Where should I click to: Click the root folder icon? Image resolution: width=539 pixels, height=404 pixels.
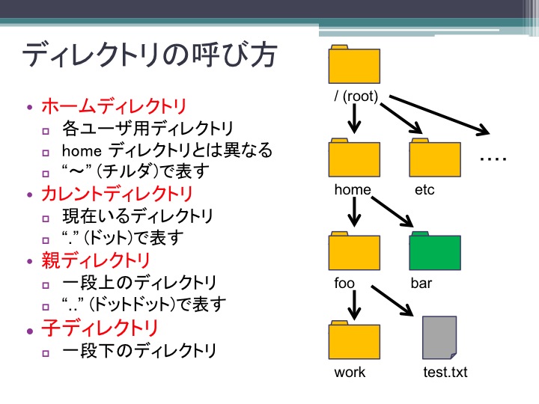[354, 64]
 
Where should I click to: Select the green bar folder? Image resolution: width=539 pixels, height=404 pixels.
[435, 251]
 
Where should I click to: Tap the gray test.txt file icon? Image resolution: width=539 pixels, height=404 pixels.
[439, 337]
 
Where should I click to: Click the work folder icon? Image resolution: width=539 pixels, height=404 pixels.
[354, 340]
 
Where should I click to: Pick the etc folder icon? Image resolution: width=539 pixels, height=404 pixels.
[435, 158]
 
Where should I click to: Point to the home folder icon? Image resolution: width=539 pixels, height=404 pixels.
[354, 158]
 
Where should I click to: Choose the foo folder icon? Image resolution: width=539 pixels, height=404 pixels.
[354, 251]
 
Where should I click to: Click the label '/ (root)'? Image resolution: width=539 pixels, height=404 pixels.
[356, 96]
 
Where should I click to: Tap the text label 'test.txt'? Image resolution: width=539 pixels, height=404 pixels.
[445, 372]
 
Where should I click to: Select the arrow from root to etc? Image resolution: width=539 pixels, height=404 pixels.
[401, 118]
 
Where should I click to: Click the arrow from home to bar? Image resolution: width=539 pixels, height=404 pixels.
[392, 212]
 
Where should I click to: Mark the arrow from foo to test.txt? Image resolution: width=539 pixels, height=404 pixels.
[392, 301]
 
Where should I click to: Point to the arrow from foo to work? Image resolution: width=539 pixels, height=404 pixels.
[354, 305]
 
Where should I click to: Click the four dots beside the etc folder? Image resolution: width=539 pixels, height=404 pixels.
[493, 159]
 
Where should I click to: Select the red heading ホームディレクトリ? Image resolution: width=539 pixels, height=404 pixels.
[114, 106]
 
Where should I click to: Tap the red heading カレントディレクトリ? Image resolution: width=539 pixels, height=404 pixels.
[117, 194]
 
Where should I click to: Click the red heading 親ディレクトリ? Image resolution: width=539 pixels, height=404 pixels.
[96, 260]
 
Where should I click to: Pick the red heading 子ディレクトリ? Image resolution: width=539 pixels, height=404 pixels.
[100, 328]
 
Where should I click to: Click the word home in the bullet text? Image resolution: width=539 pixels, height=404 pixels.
[82, 150]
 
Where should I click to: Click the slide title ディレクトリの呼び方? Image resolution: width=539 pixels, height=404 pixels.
[150, 55]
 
